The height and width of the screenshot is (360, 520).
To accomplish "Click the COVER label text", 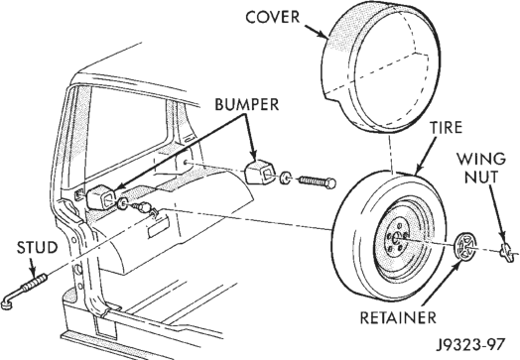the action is pos(272,17).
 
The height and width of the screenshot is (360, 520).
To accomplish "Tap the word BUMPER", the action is pos(247,104).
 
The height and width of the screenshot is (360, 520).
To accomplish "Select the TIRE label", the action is pos(446,128).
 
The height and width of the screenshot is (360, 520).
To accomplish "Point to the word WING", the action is pos(481,159).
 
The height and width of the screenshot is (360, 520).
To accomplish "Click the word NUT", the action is pos(481,177).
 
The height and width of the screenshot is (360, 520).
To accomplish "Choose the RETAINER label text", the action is pos(398,318).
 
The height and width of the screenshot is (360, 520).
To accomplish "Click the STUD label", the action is pos(37,248).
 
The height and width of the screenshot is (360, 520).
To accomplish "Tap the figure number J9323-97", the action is pos(471,345).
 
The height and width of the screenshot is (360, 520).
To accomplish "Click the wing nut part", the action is pos(507,250).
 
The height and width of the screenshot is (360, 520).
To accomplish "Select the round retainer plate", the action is pos(464,246).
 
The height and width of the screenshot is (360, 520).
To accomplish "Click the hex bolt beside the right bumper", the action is pos(318,182).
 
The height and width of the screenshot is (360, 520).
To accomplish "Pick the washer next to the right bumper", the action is pos(285,178).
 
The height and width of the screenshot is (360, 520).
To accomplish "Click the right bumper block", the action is pos(260,172).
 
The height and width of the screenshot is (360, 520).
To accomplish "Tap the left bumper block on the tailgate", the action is pos(101,197).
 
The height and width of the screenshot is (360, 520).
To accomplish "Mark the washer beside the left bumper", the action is pos(123,203).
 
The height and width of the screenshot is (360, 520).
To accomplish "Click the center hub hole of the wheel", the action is pos(396,238).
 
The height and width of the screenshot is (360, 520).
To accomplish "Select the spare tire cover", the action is pos(381,66).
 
